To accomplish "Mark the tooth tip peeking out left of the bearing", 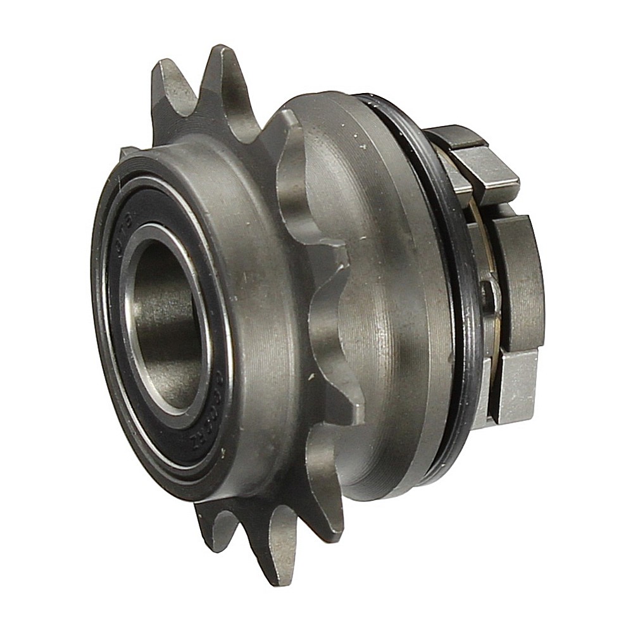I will click(x=127, y=152).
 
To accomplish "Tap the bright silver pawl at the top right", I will click(x=487, y=171).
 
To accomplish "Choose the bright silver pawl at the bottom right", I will click(x=516, y=386).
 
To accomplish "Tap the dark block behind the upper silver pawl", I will click(x=453, y=136).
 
